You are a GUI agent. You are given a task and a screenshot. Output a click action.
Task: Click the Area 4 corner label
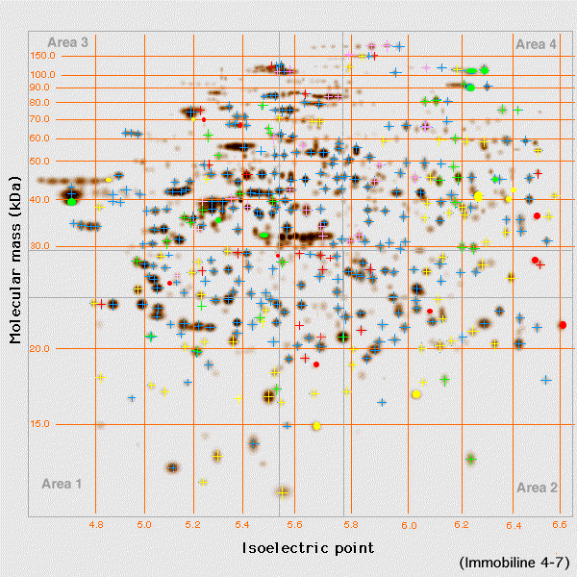point(536,44)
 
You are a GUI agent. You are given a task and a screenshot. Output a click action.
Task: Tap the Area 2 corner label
point(537,488)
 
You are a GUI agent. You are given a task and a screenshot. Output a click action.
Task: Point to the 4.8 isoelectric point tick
point(96,526)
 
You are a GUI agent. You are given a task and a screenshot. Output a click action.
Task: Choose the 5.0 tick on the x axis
point(144,526)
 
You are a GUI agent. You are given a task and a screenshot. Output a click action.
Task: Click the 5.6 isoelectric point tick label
point(295,526)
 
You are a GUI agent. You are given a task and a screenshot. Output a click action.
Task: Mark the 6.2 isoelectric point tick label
point(463,526)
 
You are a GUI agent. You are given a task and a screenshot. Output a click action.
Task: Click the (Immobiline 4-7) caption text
point(514,562)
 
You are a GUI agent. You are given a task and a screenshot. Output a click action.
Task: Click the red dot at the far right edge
point(562,325)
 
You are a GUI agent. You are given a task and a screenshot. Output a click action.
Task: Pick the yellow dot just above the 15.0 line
point(315,425)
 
